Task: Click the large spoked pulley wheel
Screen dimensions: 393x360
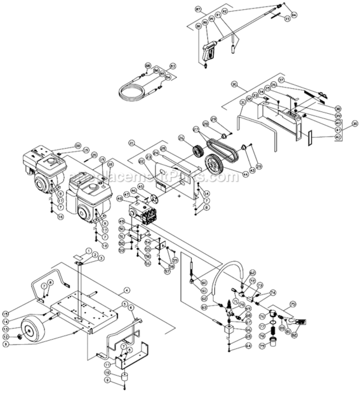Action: tap(216, 165)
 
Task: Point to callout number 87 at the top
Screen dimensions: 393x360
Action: tap(198, 9)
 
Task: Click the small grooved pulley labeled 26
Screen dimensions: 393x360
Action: tap(198, 151)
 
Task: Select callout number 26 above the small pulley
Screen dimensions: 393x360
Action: tap(182, 138)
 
